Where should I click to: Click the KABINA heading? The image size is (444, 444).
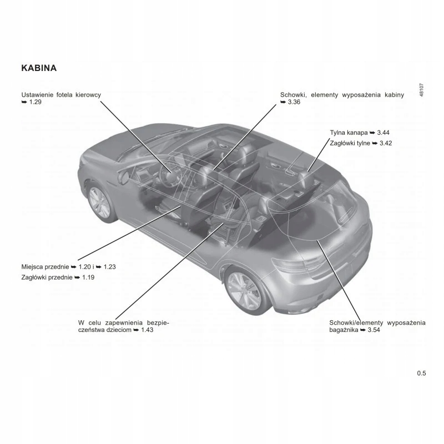[x=39, y=68]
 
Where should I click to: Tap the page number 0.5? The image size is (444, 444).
[x=421, y=373]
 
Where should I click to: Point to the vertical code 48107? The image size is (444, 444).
[x=422, y=90]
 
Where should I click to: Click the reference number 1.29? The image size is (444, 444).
[x=36, y=102]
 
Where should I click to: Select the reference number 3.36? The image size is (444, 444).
[x=294, y=102]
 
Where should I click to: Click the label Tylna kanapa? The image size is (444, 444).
[x=349, y=133]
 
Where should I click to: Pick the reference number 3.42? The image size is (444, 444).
[x=386, y=143]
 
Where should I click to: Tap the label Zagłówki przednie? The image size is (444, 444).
[x=47, y=277]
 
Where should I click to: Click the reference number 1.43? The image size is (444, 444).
[x=147, y=330]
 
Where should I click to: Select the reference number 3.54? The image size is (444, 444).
[x=374, y=330]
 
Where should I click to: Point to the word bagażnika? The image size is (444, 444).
[x=344, y=330]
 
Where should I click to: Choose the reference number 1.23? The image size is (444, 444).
[x=109, y=267]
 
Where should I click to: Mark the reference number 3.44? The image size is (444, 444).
[x=383, y=133]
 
